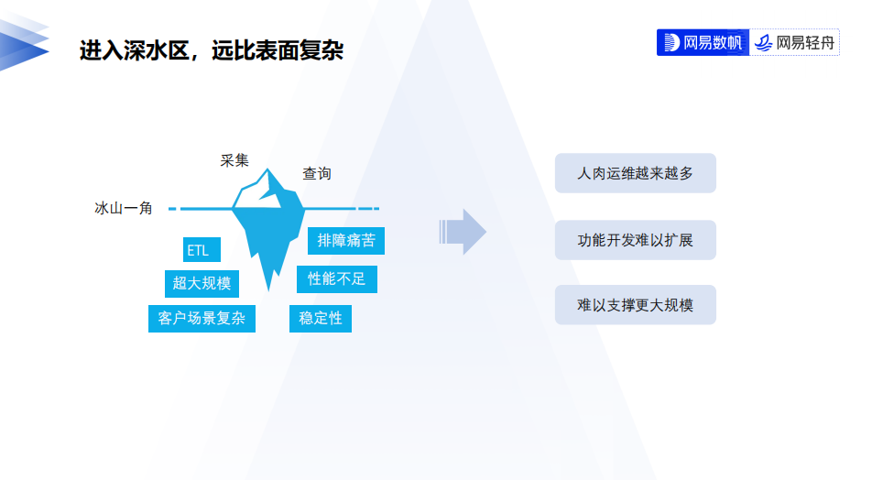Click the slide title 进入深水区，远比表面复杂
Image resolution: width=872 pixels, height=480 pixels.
click(x=211, y=51)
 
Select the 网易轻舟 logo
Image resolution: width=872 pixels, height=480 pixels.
click(x=795, y=42)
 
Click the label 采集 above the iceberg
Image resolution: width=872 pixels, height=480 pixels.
click(x=234, y=161)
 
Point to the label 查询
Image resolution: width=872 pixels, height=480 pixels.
click(x=317, y=173)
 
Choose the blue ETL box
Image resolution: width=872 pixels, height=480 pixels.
click(x=198, y=250)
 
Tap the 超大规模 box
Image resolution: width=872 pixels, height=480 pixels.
click(x=202, y=283)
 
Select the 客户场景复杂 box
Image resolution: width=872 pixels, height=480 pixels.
click(x=202, y=318)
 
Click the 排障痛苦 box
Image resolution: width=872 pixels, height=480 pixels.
click(x=345, y=241)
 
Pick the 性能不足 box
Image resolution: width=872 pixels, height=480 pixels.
click(x=336, y=278)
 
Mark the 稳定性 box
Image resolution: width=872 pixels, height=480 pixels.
click(x=321, y=318)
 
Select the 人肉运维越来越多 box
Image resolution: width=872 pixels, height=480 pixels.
click(x=635, y=173)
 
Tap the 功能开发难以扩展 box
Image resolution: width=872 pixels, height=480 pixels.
click(x=635, y=240)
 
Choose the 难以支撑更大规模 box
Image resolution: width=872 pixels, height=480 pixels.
click(x=635, y=305)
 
